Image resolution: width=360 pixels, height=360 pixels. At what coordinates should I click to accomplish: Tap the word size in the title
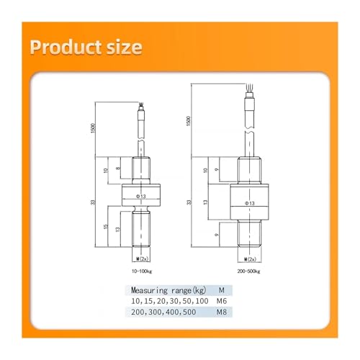click(x=125, y=47)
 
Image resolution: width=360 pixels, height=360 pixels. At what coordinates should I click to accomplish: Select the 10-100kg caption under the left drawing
click(x=142, y=271)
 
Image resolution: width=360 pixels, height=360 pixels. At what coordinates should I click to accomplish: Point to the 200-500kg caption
click(x=249, y=271)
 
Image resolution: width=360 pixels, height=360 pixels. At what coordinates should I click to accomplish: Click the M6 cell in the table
click(x=222, y=301)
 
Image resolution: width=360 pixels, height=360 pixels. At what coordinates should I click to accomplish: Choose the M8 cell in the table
click(x=222, y=312)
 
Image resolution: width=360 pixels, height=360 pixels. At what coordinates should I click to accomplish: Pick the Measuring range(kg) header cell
click(x=168, y=290)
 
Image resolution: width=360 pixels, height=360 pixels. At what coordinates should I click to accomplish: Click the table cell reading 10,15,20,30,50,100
click(x=170, y=301)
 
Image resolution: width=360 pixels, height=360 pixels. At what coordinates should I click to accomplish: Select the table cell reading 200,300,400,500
click(x=163, y=312)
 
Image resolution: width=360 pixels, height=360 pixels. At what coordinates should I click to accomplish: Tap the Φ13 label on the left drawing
click(x=141, y=197)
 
